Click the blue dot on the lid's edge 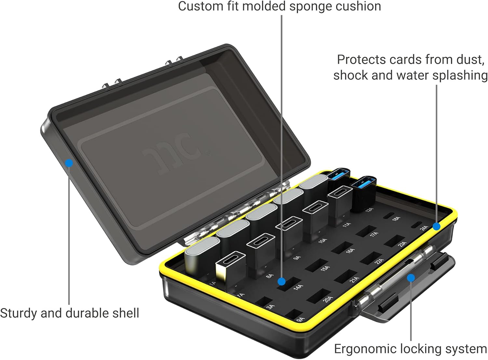pyautogui.click(x=69, y=163)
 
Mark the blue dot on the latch pyautogui.click(x=411, y=278)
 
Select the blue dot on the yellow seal pyautogui.click(x=436, y=226)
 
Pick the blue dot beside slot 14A pyautogui.click(x=282, y=281)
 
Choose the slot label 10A pyautogui.click(x=322, y=241)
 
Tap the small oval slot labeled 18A pyautogui.click(x=388, y=215)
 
